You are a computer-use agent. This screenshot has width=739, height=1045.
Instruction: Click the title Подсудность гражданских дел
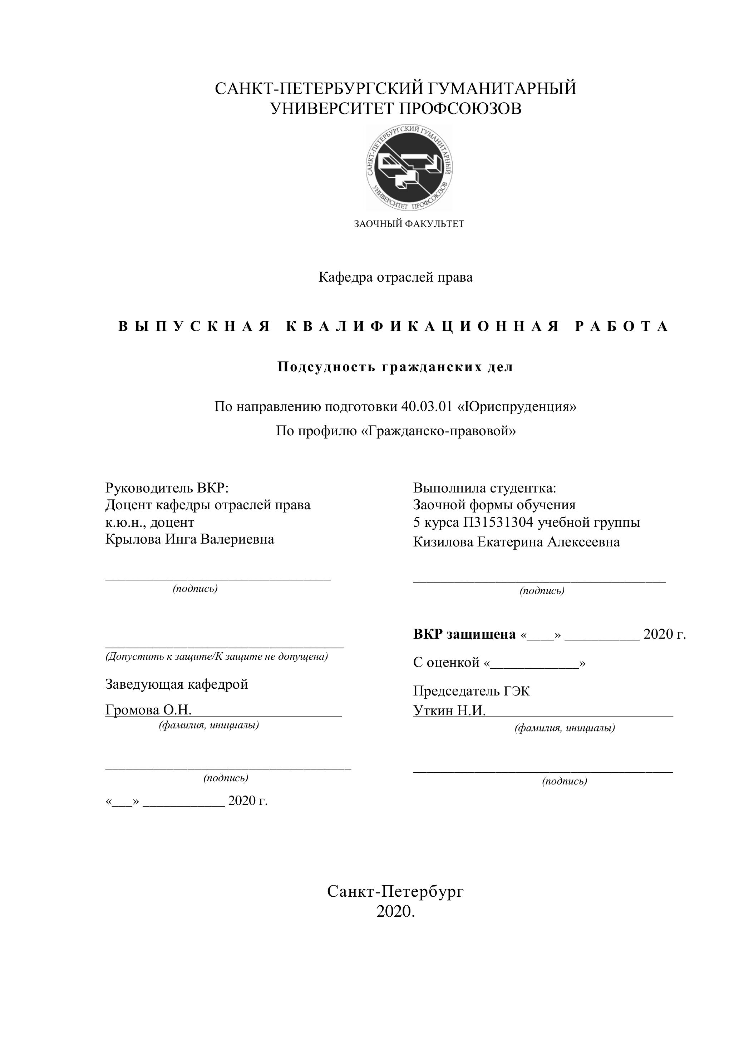coord(395,367)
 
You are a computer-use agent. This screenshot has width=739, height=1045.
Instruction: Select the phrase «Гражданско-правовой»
coord(438,431)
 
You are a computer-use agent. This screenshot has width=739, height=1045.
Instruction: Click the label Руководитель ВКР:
coord(167,488)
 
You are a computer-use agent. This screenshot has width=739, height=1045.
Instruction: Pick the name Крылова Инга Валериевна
coord(189,539)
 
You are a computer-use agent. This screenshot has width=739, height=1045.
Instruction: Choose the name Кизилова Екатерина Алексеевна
coord(516,542)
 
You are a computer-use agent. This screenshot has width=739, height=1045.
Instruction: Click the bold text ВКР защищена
coord(464,634)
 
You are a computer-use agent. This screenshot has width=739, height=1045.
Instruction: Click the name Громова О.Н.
coord(148,710)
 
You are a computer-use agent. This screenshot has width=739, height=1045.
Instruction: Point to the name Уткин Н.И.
coord(449,710)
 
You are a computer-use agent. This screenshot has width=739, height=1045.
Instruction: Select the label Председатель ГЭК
coord(471,691)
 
